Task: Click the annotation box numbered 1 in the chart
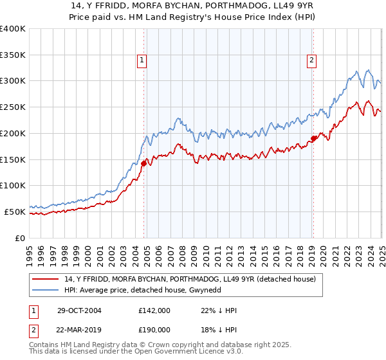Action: pyautogui.click(x=141, y=61)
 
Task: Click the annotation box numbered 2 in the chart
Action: pyautogui.click(x=311, y=61)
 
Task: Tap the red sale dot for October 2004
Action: pyautogui.click(x=144, y=163)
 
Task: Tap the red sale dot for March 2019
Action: pyautogui.click(x=313, y=138)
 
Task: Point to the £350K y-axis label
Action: pyautogui.click(x=13, y=55)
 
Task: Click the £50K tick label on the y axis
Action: pyautogui.click(x=15, y=212)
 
